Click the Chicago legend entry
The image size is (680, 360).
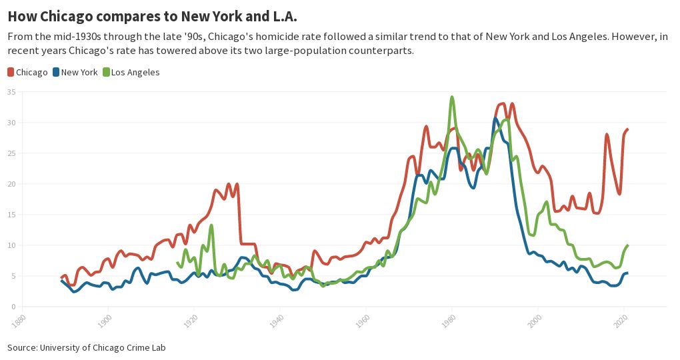click(x=27, y=72)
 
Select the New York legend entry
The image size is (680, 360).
click(x=75, y=72)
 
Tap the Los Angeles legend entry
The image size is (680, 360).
click(x=131, y=72)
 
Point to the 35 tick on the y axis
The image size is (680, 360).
click(x=11, y=92)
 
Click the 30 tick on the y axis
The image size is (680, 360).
click(x=11, y=123)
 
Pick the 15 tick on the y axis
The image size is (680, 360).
click(x=11, y=215)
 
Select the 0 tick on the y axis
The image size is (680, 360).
click(x=13, y=307)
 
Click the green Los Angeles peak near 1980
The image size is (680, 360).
click(x=452, y=97)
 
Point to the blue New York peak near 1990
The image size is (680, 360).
click(x=495, y=119)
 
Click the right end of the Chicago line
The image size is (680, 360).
click(x=627, y=129)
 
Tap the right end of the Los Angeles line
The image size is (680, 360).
click(x=627, y=245)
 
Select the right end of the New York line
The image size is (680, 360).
click(x=627, y=273)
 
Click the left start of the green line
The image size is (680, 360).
click(x=177, y=263)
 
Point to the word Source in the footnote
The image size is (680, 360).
click(x=22, y=347)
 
